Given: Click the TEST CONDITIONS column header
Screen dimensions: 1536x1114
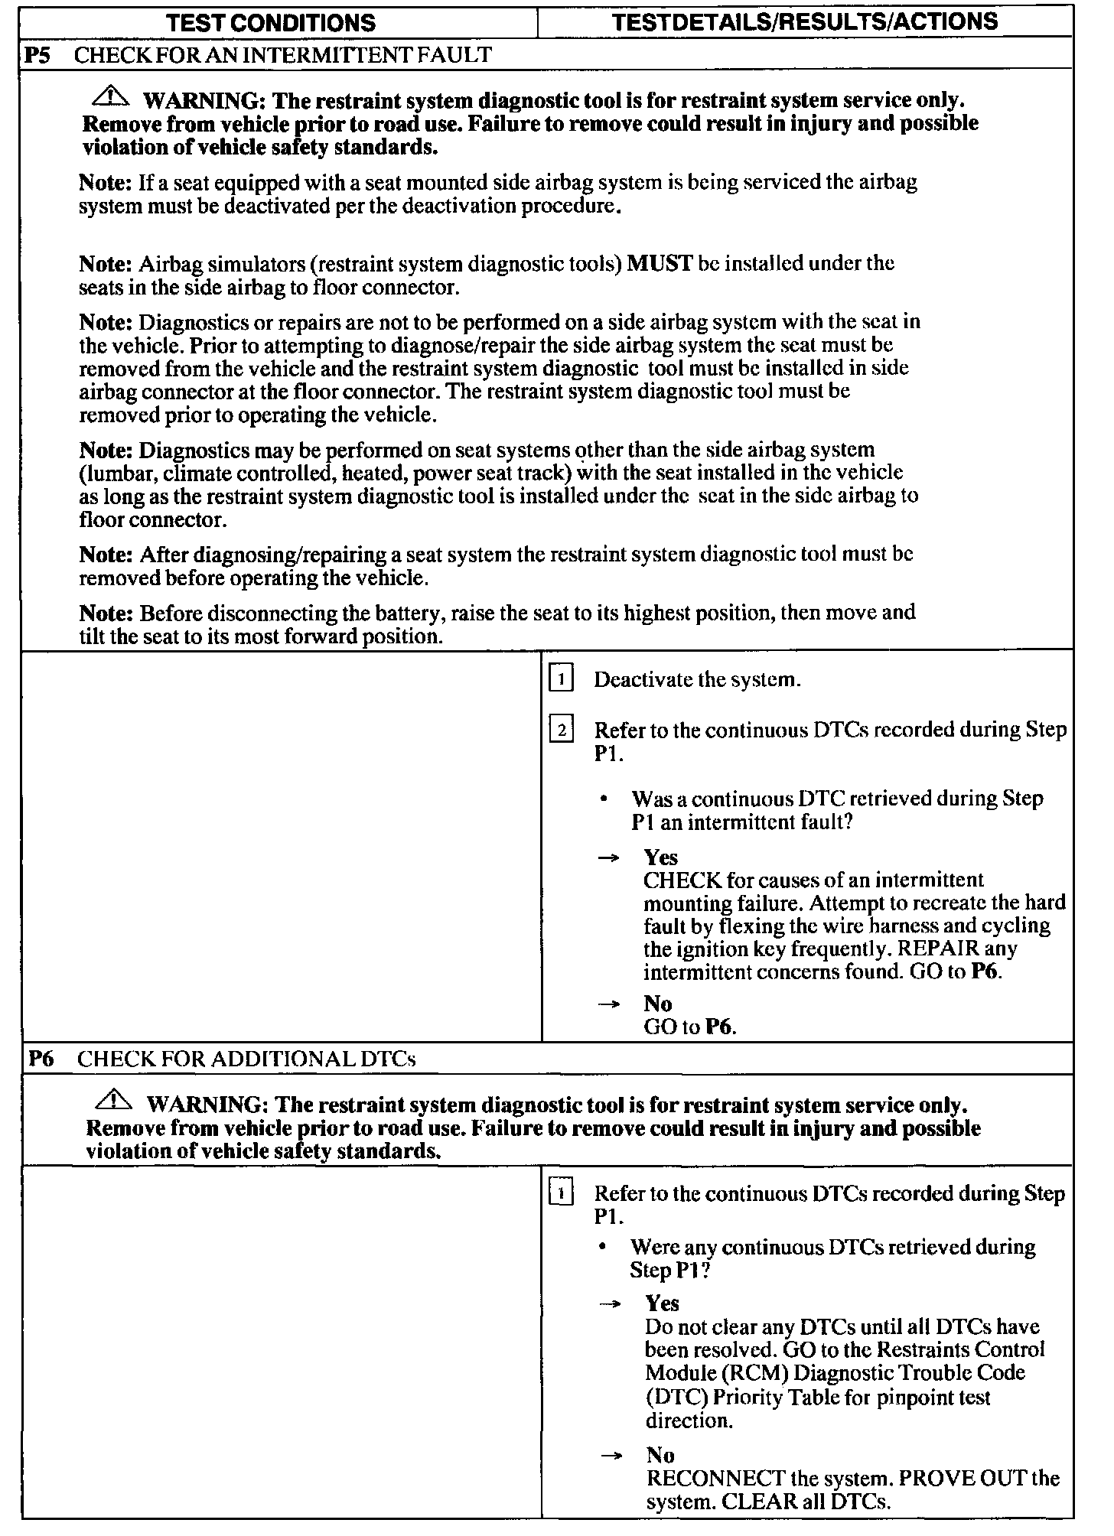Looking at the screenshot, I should [x=271, y=22].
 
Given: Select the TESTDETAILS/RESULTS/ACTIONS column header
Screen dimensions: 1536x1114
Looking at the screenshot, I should [x=805, y=21].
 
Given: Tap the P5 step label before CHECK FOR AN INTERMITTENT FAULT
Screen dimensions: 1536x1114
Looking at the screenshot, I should [x=38, y=54].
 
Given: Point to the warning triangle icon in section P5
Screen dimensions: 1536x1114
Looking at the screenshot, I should [x=111, y=96].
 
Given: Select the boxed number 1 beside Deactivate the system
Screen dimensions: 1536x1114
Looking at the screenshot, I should [x=561, y=679].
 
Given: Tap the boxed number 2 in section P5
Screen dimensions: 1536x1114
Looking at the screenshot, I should [x=561, y=731].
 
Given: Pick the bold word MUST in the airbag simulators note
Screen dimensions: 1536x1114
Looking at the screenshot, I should [x=660, y=264].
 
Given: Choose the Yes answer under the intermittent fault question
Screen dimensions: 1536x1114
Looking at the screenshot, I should [x=660, y=857].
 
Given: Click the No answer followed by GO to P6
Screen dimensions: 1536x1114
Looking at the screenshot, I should [x=657, y=1004].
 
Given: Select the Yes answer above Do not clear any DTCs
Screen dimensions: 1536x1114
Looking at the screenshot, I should [x=662, y=1303].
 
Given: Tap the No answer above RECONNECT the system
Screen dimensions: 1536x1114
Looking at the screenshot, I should [x=660, y=1455].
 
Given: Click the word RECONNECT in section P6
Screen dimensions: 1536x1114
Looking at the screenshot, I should [x=716, y=1479].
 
